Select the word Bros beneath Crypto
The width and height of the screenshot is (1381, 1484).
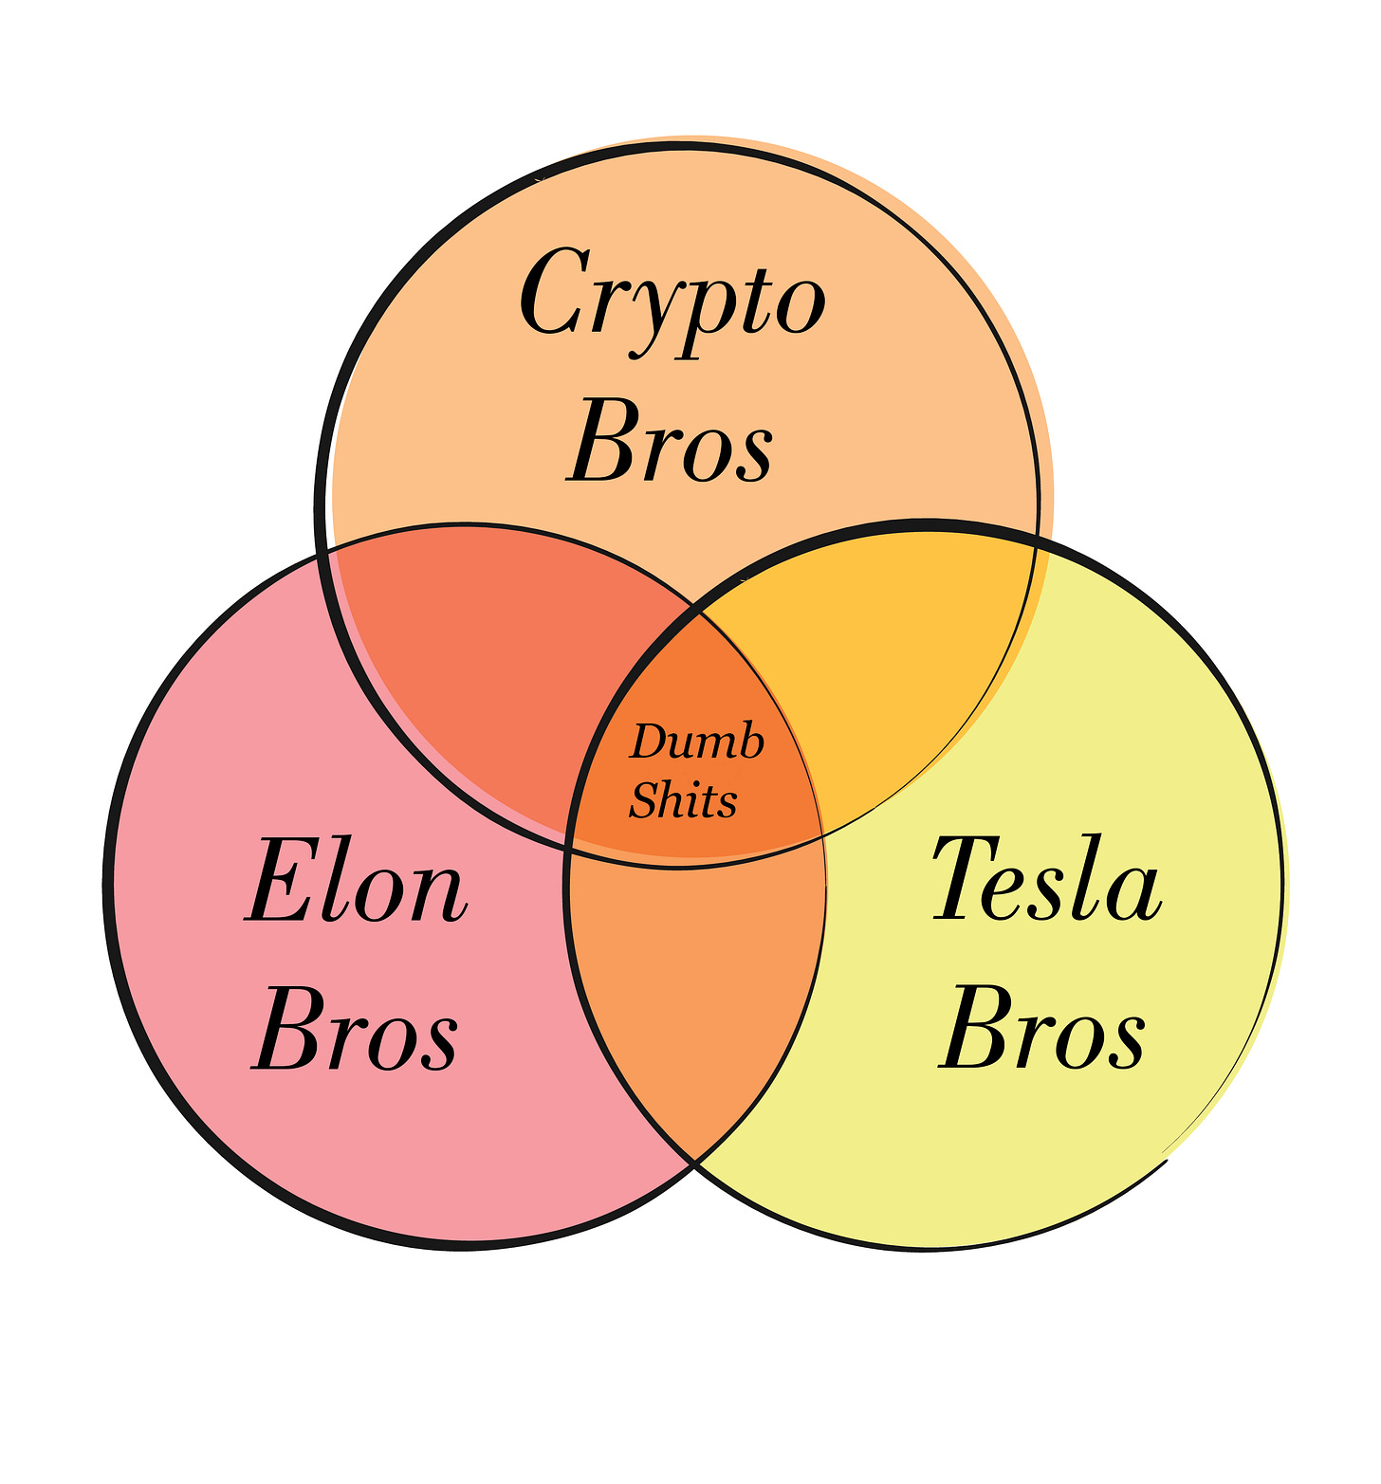click(671, 442)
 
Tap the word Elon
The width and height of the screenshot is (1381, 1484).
click(357, 882)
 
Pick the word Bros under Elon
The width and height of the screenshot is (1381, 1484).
click(357, 1030)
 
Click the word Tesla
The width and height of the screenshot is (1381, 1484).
click(1047, 880)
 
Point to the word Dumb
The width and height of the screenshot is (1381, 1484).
click(697, 742)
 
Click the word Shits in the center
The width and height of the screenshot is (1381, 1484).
click(683, 800)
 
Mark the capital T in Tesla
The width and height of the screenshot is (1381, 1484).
click(962, 878)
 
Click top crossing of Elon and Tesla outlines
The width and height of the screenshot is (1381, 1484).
click(700, 613)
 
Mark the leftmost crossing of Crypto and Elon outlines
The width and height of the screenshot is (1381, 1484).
click(324, 553)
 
